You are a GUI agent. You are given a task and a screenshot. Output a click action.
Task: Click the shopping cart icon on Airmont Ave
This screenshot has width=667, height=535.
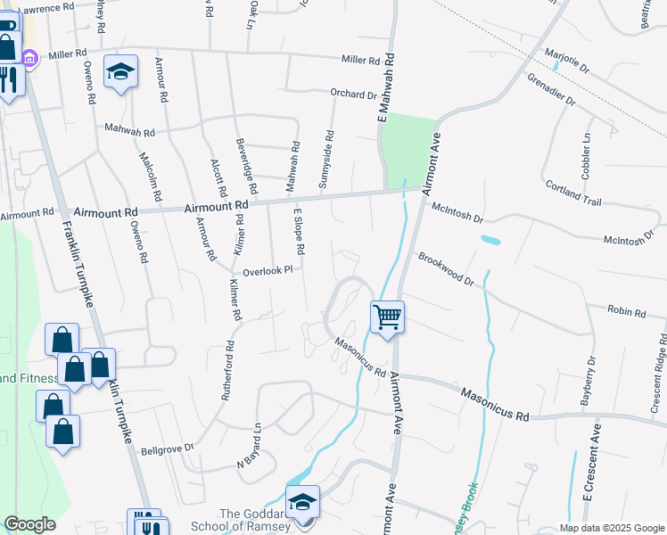click(x=388, y=317)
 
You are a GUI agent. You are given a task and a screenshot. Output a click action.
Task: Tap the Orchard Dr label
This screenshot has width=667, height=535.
click(x=354, y=94)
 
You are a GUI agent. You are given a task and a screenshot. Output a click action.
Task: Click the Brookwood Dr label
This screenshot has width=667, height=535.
click(x=446, y=268)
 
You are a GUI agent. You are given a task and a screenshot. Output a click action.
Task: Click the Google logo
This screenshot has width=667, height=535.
click(x=29, y=524)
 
